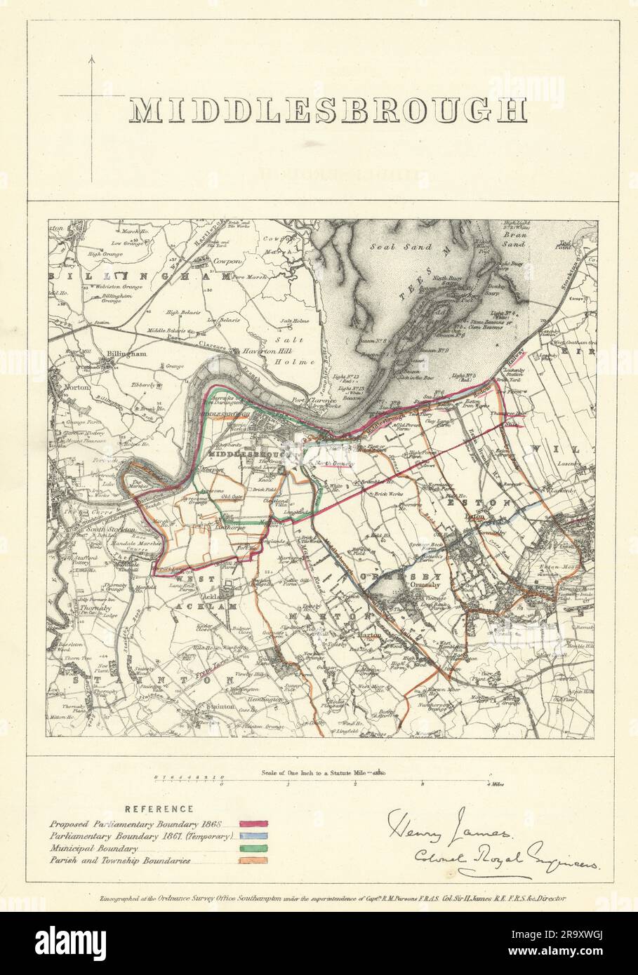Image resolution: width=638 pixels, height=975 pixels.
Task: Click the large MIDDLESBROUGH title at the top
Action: click(x=328, y=112)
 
